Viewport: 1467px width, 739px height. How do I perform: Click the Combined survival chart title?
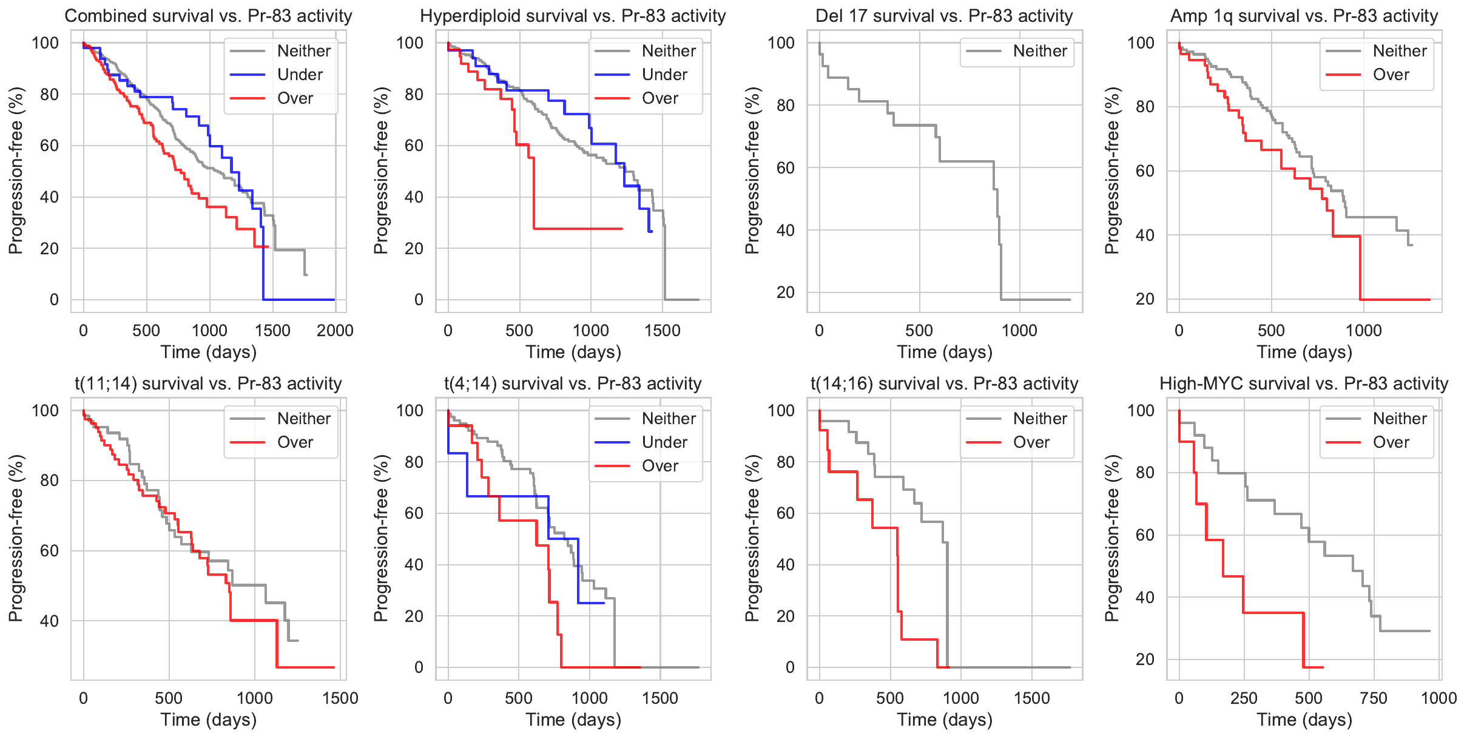(208, 16)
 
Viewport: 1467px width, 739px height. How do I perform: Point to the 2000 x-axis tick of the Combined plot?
(335, 331)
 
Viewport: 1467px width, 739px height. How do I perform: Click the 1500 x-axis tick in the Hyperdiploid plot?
(663, 331)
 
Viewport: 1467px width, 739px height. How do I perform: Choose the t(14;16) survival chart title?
(944, 383)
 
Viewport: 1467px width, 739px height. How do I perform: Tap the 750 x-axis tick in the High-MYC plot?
(1374, 698)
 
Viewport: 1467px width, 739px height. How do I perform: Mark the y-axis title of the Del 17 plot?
(752, 170)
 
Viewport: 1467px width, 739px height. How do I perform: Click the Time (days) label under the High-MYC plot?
(1304, 720)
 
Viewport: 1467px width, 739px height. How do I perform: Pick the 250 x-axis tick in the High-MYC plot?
(1244, 698)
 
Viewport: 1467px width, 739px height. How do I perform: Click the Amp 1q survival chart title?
(1304, 16)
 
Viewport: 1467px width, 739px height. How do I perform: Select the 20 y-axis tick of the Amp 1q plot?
(1144, 299)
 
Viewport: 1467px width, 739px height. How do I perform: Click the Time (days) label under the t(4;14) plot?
(573, 720)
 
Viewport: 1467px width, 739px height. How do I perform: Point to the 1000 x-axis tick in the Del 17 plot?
(1019, 331)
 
